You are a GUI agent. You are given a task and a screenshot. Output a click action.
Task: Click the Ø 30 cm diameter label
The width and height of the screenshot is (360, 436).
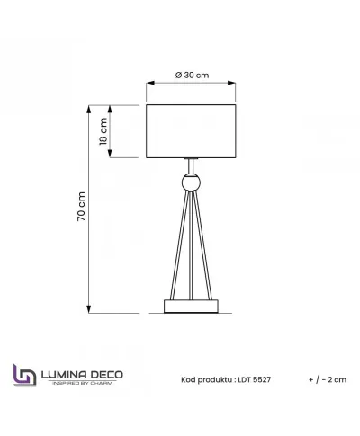coord(191,75)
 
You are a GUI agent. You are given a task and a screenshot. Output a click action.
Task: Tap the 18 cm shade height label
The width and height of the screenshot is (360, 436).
coord(103,131)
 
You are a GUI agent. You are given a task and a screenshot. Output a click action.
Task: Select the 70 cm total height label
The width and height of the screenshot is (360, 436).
coord(81,207)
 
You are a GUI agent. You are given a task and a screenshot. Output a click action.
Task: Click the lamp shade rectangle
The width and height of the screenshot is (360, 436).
coord(191,131)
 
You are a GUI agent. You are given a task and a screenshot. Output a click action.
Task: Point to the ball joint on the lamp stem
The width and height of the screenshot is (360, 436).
coord(191,183)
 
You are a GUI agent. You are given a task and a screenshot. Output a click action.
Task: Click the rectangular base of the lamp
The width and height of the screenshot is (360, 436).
coord(191,307)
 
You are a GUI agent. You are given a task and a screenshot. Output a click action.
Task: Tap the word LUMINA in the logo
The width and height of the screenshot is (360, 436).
coord(62,372)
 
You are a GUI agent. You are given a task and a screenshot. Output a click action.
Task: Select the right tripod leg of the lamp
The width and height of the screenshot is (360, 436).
coord(206,247)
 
